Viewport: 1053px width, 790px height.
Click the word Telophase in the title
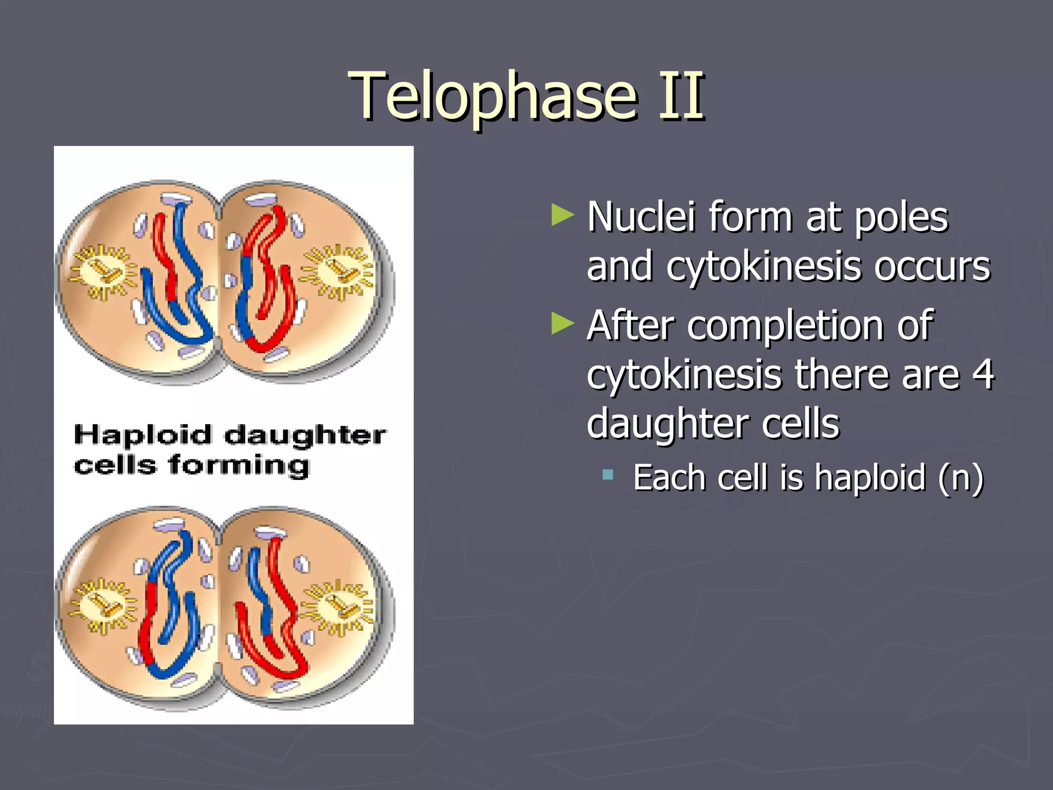(494, 97)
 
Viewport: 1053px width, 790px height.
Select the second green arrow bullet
(562, 324)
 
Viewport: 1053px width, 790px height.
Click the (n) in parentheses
(960, 478)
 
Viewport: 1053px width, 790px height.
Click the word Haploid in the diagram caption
(142, 435)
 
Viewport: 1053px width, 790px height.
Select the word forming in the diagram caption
(239, 465)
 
